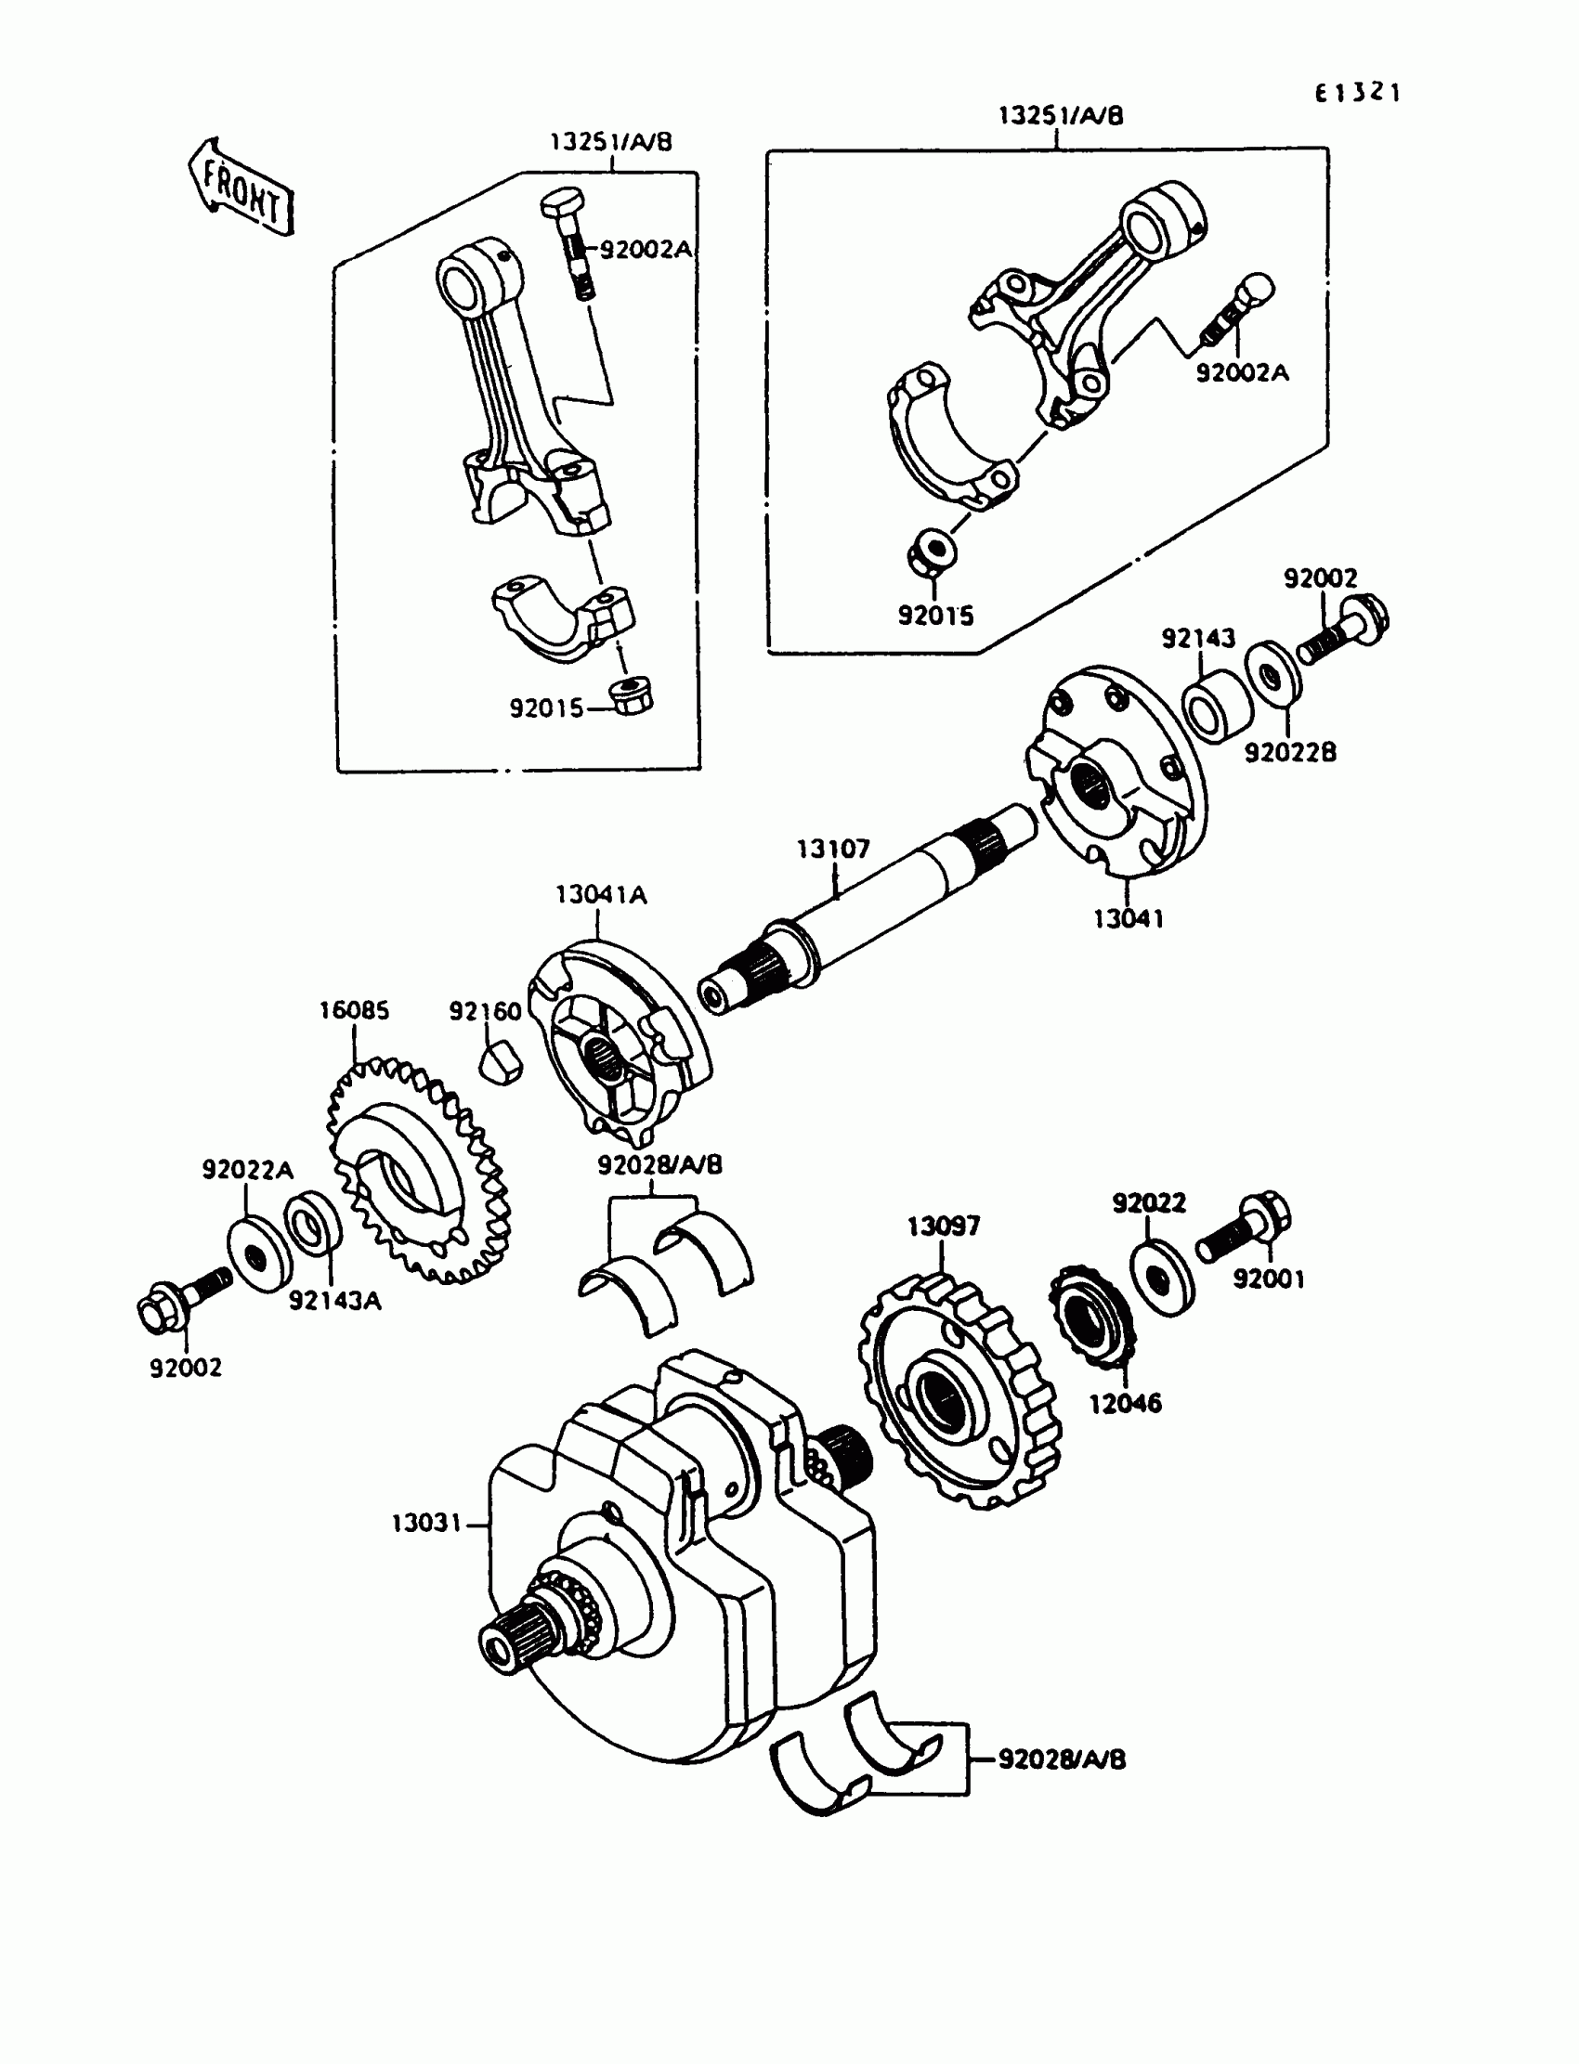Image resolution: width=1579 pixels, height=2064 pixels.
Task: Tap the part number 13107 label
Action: click(833, 850)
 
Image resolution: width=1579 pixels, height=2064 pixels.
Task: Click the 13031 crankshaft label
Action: click(426, 1523)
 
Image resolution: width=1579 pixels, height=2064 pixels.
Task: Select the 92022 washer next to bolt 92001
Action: click(1162, 1277)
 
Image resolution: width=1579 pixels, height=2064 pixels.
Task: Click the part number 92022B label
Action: click(1289, 752)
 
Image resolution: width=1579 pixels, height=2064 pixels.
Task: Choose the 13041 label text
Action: click(1128, 919)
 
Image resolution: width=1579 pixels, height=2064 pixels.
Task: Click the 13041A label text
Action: click(602, 894)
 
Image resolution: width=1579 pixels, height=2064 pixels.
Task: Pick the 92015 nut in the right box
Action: click(933, 549)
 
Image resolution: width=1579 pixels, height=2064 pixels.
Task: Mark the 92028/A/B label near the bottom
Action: click(1061, 1759)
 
